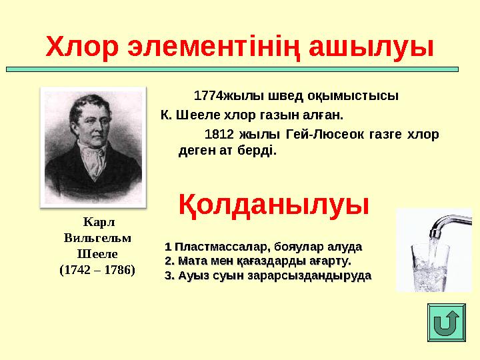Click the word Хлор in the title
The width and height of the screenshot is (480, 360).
click(80, 47)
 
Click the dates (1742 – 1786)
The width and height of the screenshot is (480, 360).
click(97, 270)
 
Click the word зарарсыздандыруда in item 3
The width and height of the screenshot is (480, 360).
click(309, 275)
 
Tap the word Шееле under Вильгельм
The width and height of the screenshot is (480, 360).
click(97, 253)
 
